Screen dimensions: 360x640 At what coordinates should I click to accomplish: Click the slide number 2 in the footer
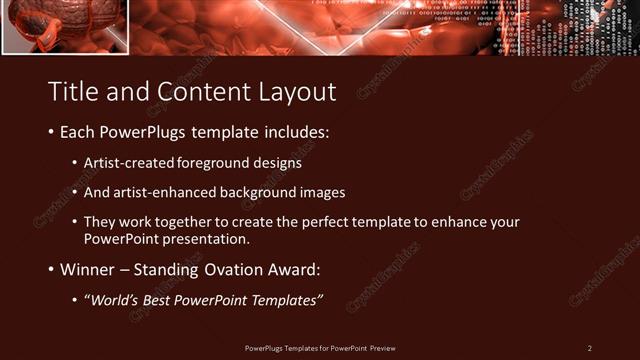(x=589, y=348)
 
